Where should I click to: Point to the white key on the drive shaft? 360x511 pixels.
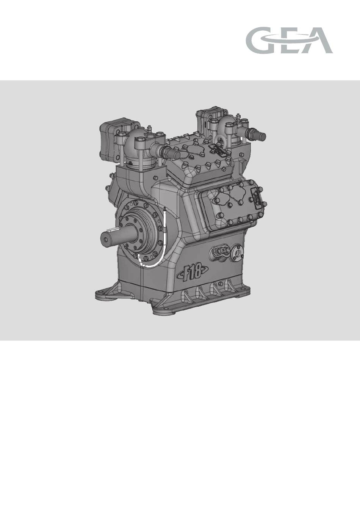(x=113, y=229)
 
